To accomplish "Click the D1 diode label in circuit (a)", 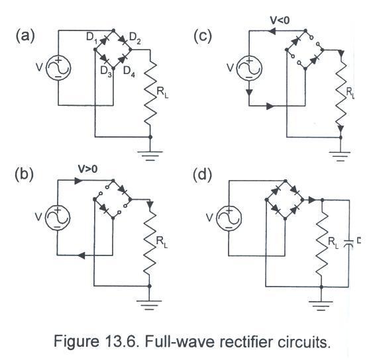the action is pyautogui.click(x=91, y=38).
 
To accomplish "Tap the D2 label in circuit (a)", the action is pyautogui.click(x=135, y=38).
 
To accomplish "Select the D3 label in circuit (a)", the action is pyautogui.click(x=106, y=71).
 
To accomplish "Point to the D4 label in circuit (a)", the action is pyautogui.click(x=129, y=71).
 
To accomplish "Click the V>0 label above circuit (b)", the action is pyautogui.click(x=87, y=169).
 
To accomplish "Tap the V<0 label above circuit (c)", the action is pyautogui.click(x=280, y=21).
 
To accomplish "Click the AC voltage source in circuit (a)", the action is pyautogui.click(x=58, y=68).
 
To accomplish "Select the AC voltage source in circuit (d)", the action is pyautogui.click(x=229, y=218).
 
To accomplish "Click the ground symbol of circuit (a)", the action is pyautogui.click(x=150, y=156).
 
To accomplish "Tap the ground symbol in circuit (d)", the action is pyautogui.click(x=321, y=305).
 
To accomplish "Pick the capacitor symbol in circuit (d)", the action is pyautogui.click(x=348, y=244).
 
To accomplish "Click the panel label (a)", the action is pyautogui.click(x=25, y=36).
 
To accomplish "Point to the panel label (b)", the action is pyautogui.click(x=24, y=175).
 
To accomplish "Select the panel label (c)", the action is pyautogui.click(x=202, y=36).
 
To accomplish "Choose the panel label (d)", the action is pyautogui.click(x=202, y=175).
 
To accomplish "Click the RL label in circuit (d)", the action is pyautogui.click(x=333, y=243).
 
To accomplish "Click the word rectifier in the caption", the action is pyautogui.click(x=246, y=341).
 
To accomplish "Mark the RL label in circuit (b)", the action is pyautogui.click(x=162, y=242).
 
